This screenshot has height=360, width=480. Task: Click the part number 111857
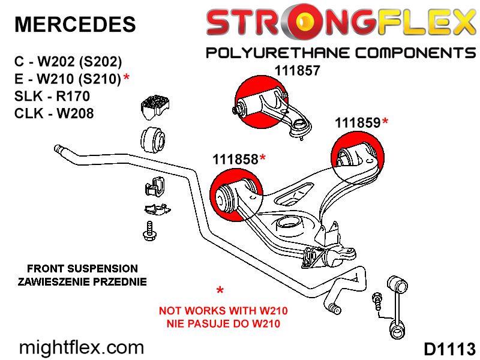[297, 71]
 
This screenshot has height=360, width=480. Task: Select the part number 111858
[235, 159]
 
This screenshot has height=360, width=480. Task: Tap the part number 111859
[358, 123]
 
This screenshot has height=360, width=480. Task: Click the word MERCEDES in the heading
[75, 24]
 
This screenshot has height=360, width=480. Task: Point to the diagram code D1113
[449, 349]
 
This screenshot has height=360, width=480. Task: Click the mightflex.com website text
[82, 348]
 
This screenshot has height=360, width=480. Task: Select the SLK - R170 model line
[52, 96]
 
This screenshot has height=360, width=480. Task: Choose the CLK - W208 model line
[54, 113]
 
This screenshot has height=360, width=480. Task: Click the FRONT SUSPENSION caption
[82, 268]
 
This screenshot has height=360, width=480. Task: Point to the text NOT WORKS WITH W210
[223, 311]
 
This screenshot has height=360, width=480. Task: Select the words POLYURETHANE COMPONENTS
[341, 53]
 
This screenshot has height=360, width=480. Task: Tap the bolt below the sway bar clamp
[149, 232]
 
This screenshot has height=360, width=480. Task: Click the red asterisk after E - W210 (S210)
[127, 78]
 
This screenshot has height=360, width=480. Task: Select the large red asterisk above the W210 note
[220, 290]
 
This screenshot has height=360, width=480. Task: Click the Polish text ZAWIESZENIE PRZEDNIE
[82, 281]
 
